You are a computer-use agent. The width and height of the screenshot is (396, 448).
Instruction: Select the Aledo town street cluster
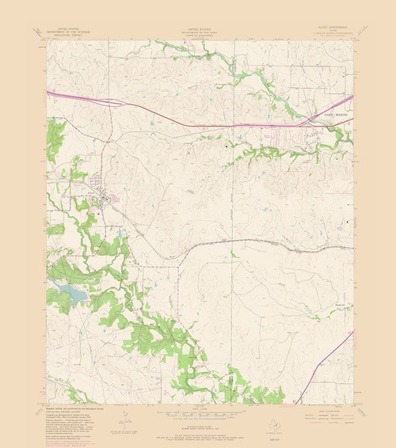(x=101, y=194)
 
